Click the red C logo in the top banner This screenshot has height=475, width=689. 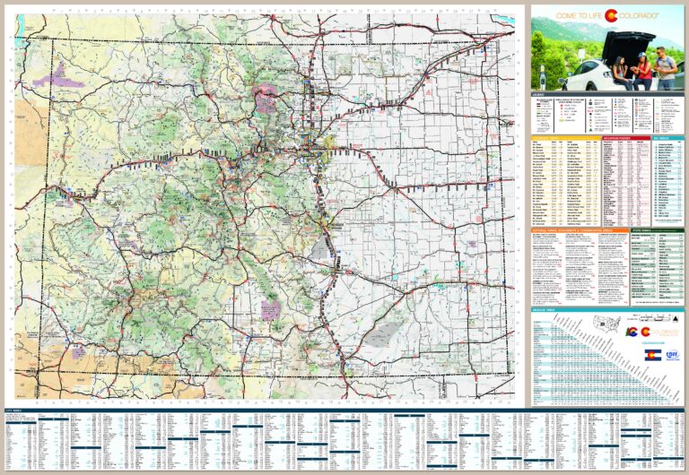tap(610, 15)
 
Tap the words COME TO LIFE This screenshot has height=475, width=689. tap(579, 15)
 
